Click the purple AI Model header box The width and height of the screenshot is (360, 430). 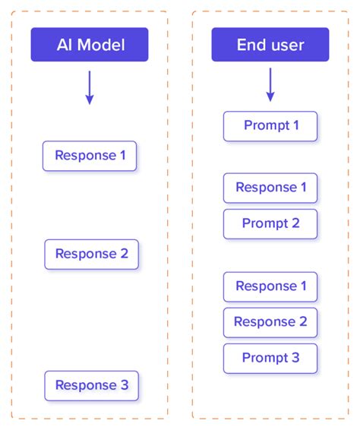90,45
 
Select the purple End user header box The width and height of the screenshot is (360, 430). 270,45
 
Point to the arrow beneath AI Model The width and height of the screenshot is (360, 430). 90,87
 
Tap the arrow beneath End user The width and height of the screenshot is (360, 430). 270,85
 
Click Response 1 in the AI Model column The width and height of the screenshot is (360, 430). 90,156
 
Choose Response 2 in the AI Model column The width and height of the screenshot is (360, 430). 91,254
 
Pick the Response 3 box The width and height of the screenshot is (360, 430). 91,385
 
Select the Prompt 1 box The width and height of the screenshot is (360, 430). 270,125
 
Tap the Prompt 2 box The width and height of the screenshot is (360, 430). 270,223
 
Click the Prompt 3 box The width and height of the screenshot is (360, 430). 270,358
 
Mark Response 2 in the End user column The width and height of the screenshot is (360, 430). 270,321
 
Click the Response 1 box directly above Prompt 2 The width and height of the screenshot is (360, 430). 270,188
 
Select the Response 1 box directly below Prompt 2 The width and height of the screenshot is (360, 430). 270,286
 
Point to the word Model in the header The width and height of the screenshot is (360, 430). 102,45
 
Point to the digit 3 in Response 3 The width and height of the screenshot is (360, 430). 125,385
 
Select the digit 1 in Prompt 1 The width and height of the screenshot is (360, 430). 295,125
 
